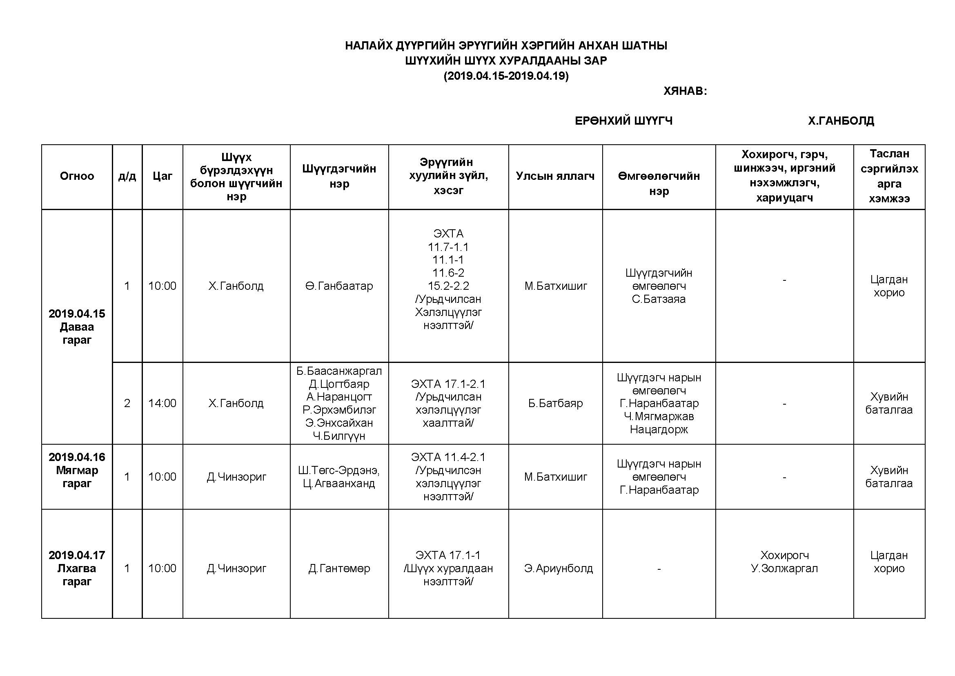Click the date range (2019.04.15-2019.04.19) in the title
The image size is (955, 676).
point(506,76)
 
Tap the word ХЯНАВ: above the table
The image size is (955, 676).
point(685,91)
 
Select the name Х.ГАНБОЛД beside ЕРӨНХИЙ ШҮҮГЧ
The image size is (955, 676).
point(841,121)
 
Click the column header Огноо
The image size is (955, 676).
point(77,176)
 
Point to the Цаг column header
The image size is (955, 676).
point(162,176)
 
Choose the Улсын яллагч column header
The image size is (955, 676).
point(555,176)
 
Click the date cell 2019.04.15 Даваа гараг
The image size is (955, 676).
point(77,327)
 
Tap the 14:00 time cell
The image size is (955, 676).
point(162,403)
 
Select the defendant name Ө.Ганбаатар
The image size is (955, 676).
point(339,286)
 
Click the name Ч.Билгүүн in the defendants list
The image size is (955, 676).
point(339,436)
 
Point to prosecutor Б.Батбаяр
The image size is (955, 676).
point(555,403)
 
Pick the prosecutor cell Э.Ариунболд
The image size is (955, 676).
point(558,568)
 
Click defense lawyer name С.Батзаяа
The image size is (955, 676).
point(659,299)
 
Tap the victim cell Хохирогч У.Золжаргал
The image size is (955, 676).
point(784,562)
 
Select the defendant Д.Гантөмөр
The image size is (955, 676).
point(339,568)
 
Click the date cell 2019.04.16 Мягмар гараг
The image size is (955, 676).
point(77,470)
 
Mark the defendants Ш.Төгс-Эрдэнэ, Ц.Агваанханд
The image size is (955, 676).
point(339,477)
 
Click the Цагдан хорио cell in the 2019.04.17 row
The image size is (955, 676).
point(889,562)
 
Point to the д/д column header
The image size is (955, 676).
point(127,176)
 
